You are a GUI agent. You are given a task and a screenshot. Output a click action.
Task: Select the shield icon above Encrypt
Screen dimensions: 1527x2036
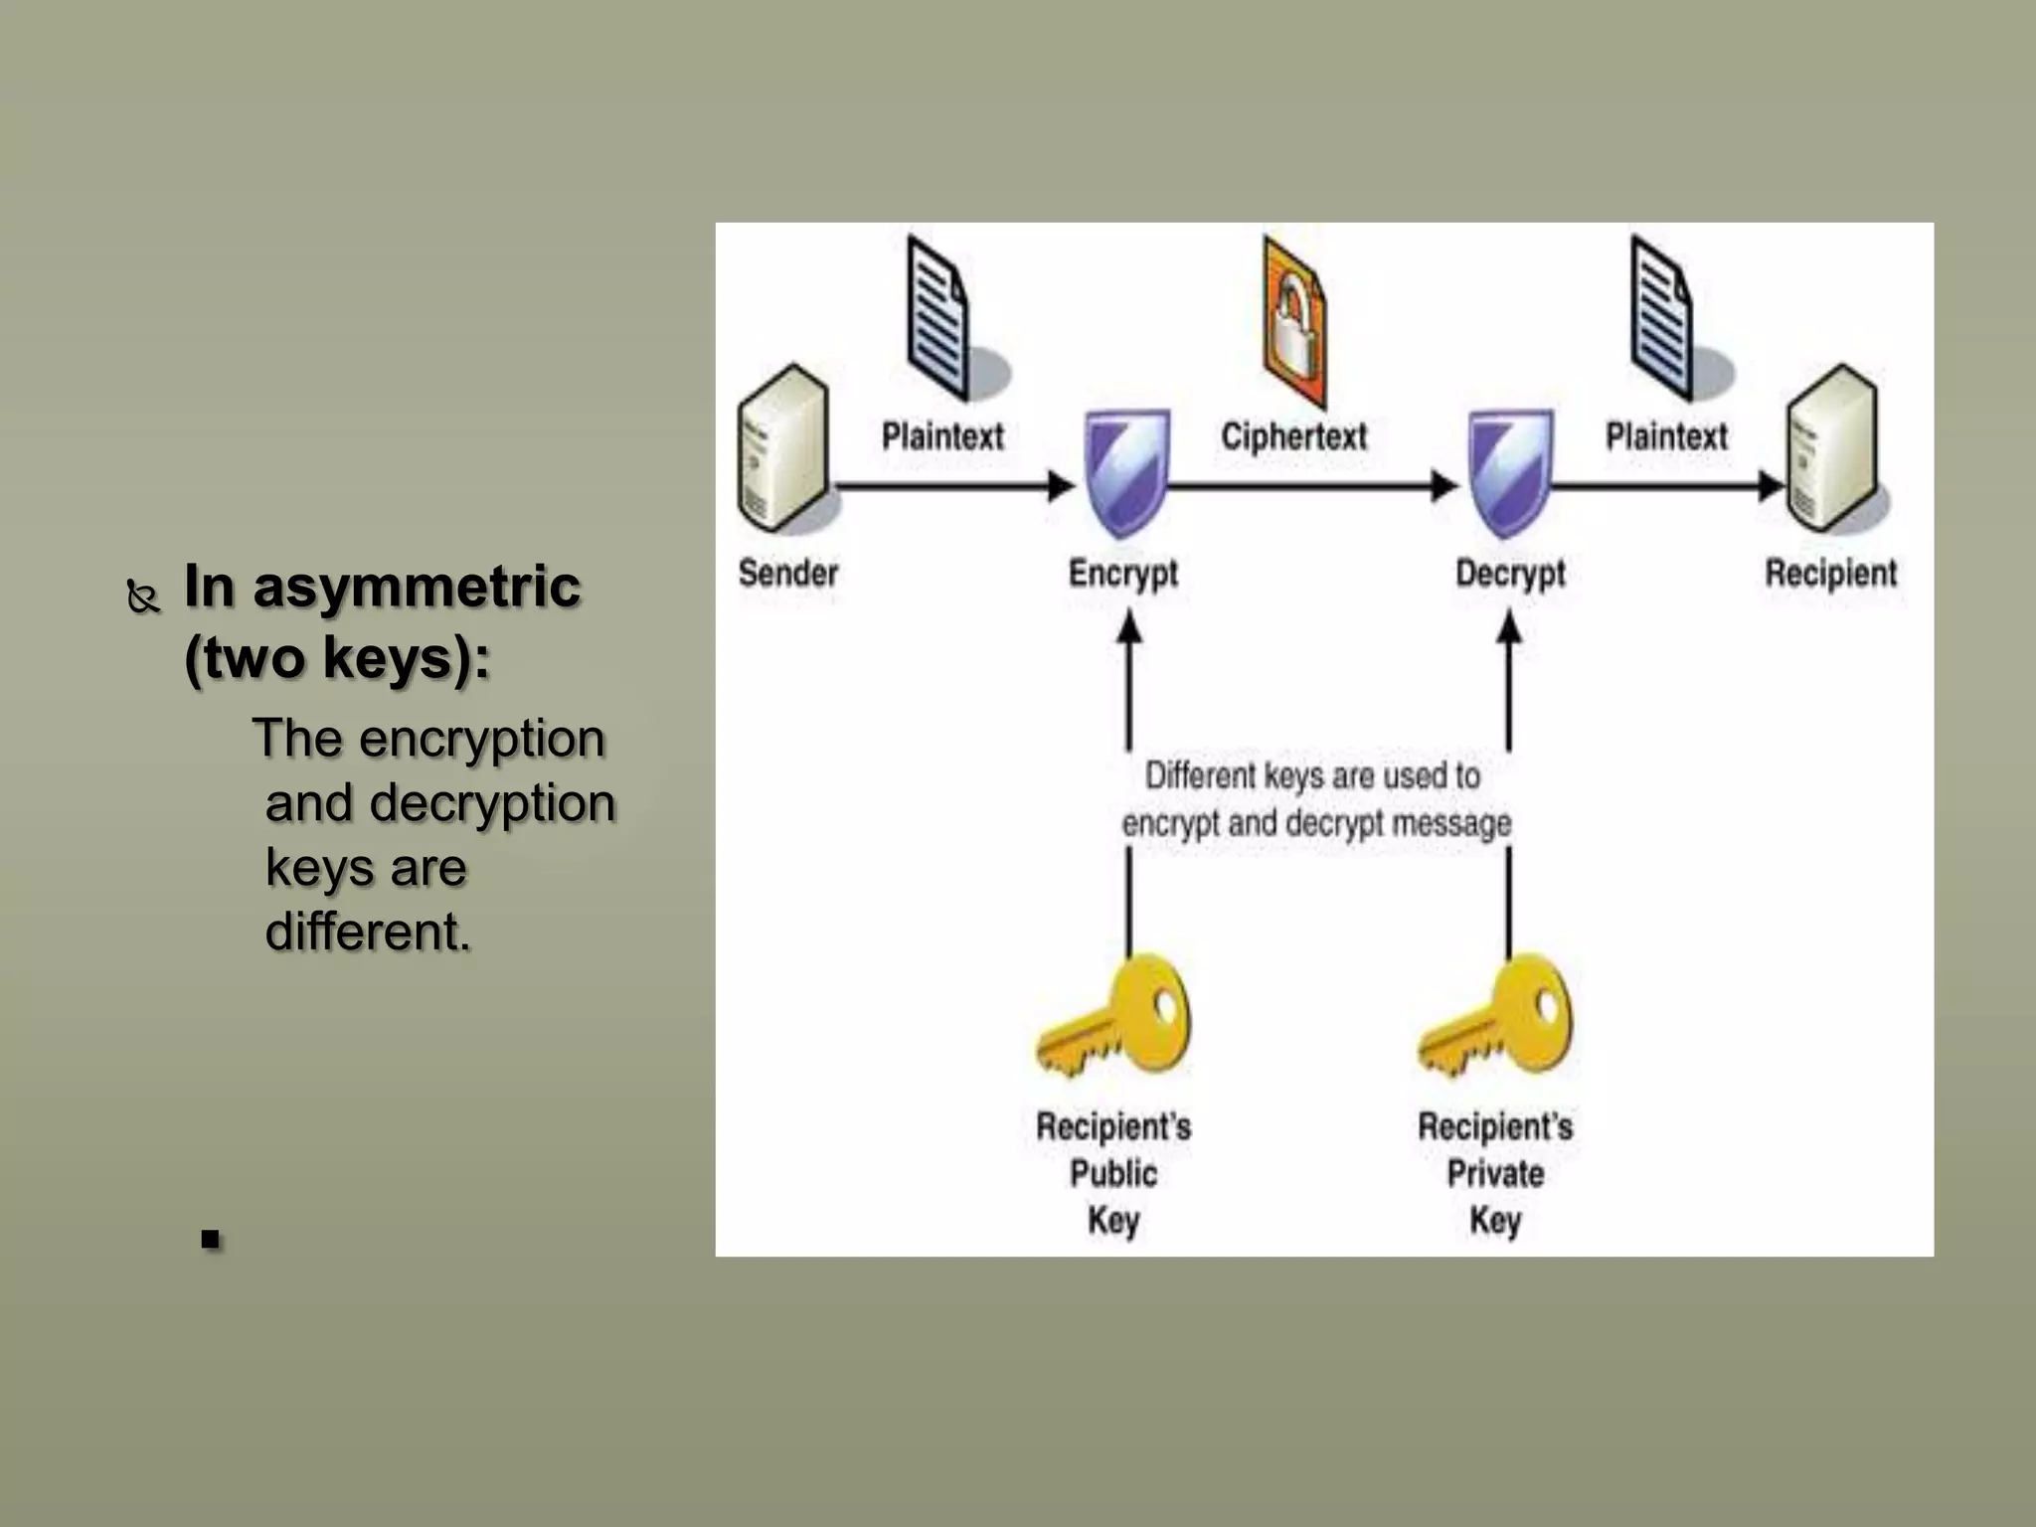point(1125,473)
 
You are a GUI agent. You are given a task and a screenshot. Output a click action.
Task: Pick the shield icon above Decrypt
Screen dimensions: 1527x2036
point(1510,473)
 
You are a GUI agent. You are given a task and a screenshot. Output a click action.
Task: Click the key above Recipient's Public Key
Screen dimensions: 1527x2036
point(1115,1016)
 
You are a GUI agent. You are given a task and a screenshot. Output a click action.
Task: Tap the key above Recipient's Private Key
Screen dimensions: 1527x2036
point(1497,1016)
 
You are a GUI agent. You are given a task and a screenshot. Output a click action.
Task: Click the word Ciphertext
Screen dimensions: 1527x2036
point(1293,436)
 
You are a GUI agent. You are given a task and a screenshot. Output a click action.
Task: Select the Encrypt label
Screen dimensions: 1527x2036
point(1122,574)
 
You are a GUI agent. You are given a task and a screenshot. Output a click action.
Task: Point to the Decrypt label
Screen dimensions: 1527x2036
point(1509,574)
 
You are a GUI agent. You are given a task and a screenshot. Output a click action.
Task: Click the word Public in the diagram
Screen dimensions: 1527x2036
point(1113,1173)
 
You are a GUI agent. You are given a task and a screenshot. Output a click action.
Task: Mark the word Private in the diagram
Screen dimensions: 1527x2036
point(1495,1173)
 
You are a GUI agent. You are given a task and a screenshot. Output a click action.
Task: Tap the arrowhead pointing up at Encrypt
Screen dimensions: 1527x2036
point(1128,626)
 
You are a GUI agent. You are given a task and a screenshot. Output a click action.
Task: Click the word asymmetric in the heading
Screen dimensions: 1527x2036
point(417,586)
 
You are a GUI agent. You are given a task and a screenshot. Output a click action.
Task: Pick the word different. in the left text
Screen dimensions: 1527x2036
point(368,932)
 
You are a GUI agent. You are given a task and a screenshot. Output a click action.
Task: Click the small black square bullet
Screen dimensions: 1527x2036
point(210,1239)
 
